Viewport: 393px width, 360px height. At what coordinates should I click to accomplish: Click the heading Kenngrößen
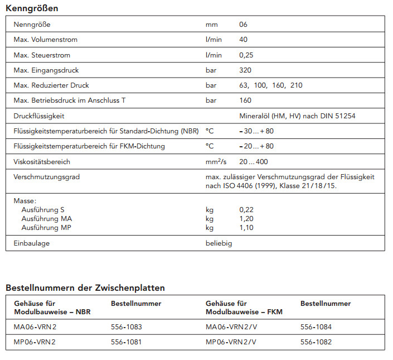[x=32, y=8]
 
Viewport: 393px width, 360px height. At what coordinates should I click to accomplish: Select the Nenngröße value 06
[x=243, y=25]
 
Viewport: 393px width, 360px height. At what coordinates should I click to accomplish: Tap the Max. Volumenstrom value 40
[x=243, y=40]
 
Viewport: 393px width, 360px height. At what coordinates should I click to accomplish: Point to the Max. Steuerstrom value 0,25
[x=246, y=55]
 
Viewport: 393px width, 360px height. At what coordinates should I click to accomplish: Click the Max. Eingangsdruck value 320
[x=245, y=70]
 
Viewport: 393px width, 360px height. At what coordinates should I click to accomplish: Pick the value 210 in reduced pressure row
[x=297, y=85]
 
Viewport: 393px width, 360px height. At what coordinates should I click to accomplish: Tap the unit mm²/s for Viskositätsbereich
[x=216, y=161]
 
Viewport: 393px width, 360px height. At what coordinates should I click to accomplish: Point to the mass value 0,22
[x=246, y=209]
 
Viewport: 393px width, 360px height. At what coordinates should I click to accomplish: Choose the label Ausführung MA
[x=47, y=219]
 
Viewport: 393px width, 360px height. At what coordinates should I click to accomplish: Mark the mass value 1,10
[x=246, y=228]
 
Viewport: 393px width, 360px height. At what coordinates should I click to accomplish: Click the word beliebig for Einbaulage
[x=219, y=243]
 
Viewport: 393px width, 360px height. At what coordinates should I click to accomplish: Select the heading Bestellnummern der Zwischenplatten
[x=85, y=288]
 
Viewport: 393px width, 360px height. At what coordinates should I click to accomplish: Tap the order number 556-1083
[x=127, y=327]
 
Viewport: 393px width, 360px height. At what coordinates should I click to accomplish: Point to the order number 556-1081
[x=127, y=342]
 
